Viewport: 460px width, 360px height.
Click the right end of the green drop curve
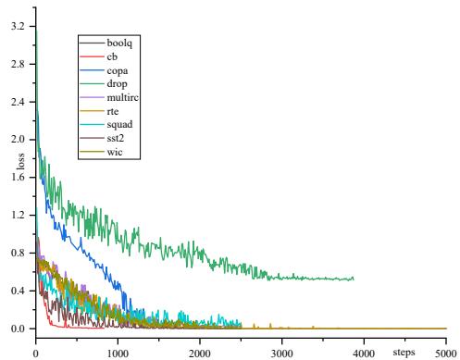click(353, 279)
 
